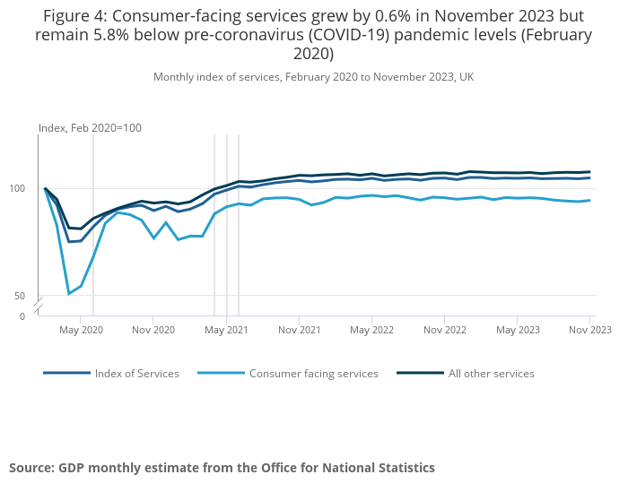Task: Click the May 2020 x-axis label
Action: tap(81, 330)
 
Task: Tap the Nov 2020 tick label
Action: tap(153, 330)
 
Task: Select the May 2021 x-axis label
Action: tap(226, 330)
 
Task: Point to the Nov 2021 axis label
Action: tap(299, 330)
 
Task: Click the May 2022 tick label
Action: tap(371, 330)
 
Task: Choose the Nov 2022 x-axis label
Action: tap(444, 330)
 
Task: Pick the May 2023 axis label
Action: tap(518, 330)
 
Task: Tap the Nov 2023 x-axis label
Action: tap(589, 330)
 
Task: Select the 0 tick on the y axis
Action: tap(22, 316)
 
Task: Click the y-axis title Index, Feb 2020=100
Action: tap(90, 128)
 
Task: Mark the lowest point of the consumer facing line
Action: tap(69, 294)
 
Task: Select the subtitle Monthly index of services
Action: tap(313, 77)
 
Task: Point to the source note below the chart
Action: tap(222, 468)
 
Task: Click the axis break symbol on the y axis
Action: tap(39, 306)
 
